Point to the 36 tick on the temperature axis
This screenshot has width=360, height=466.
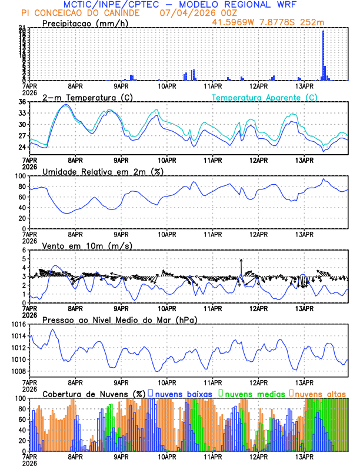[x=22, y=102]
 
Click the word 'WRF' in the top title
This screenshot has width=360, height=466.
[x=290, y=5]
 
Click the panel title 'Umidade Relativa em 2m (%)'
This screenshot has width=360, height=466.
[x=102, y=171]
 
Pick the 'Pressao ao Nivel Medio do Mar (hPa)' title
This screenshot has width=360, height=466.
[x=119, y=319]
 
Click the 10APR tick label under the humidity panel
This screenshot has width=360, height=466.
[x=167, y=234]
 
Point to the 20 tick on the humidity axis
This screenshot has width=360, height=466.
[x=21, y=218]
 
